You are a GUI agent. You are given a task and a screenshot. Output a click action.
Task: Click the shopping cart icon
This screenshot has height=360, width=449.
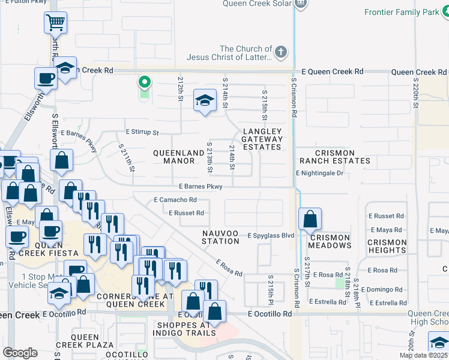55,23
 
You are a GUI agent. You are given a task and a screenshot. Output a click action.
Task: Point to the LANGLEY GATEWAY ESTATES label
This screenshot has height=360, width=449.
262,139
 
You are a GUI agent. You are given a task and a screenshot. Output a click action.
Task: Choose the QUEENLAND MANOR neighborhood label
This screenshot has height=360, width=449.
178,157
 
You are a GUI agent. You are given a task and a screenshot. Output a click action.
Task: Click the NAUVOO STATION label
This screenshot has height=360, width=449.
220,237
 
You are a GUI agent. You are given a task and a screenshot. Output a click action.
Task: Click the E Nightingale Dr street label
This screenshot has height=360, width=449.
319,173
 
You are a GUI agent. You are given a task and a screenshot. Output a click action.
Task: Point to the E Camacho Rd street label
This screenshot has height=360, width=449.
175,200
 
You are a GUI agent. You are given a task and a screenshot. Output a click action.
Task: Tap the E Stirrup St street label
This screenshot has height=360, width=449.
142,132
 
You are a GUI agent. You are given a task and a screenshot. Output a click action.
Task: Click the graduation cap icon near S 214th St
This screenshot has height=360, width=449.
205,101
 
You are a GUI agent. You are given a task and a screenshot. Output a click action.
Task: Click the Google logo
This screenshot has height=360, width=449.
20,353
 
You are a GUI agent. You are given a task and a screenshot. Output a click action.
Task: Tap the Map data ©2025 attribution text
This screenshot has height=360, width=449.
423,355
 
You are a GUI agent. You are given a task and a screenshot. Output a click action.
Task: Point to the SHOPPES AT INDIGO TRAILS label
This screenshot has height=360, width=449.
193,329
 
